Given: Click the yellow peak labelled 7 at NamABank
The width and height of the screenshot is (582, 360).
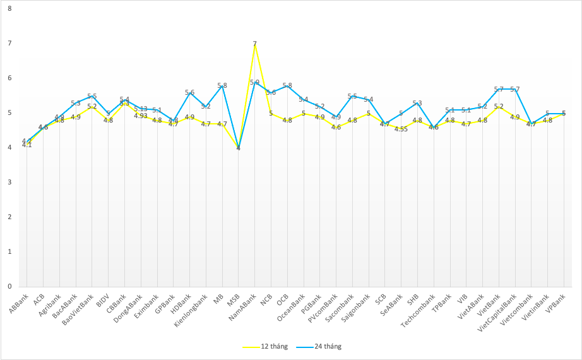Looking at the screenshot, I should [254, 44].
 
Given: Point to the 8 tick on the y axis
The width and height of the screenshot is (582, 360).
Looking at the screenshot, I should [9, 9].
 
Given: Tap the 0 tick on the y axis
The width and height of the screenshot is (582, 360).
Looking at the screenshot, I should [9, 287].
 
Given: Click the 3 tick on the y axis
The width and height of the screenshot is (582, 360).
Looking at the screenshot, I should [9, 183].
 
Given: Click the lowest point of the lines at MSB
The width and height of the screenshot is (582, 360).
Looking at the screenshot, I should [238, 148].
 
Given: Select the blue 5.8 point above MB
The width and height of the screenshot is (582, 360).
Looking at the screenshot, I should [222, 85].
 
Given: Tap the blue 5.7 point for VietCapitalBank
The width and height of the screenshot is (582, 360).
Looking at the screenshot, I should [515, 89].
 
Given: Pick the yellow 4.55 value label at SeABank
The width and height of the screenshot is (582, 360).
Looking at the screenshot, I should [401, 129].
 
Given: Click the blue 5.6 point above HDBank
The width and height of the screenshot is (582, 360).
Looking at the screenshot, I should [189, 92].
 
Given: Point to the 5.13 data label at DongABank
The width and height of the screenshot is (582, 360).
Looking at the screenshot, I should [141, 109].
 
